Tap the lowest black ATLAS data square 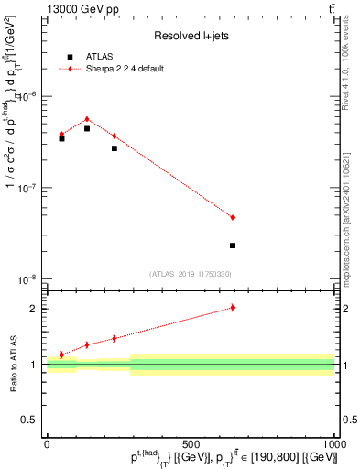point(233,245)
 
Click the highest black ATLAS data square point(87,128)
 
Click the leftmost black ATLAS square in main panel point(61,138)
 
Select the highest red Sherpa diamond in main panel point(87,119)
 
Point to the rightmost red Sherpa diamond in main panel point(233,217)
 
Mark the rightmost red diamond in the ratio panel point(233,308)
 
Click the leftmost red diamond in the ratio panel point(61,354)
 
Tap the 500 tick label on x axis point(191,444)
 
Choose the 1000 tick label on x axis point(333,444)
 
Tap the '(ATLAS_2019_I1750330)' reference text point(191,274)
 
